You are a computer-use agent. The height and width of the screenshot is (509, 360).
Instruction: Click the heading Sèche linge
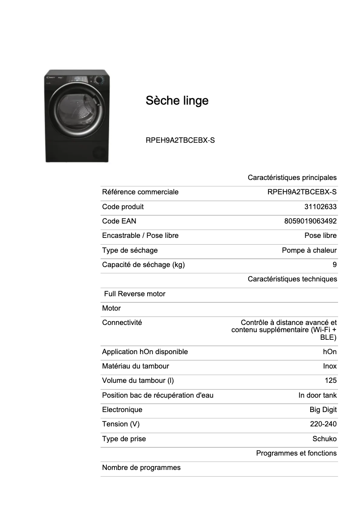click(x=177, y=101)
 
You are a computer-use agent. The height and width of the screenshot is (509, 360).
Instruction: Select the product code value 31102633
click(x=320, y=206)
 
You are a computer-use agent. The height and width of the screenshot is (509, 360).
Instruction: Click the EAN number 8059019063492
click(x=310, y=221)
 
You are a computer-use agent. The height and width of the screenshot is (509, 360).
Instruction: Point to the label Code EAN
click(x=119, y=221)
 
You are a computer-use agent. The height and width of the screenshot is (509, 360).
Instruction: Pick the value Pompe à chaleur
click(x=309, y=250)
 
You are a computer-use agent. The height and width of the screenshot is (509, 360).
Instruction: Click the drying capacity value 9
click(x=334, y=264)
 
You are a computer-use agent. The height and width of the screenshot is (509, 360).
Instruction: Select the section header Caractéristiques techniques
click(x=292, y=279)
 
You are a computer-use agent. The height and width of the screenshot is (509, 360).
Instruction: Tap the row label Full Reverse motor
click(x=135, y=294)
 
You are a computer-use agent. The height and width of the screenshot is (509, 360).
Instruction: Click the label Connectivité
click(x=122, y=322)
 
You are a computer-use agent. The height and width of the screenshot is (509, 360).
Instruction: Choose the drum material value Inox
click(x=329, y=366)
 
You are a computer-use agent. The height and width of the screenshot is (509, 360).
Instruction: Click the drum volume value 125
click(x=330, y=381)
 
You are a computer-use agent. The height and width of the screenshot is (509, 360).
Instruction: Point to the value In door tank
click(x=317, y=395)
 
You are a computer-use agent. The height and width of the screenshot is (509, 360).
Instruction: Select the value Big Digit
click(x=323, y=409)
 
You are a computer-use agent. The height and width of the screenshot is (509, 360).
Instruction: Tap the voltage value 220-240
click(x=323, y=424)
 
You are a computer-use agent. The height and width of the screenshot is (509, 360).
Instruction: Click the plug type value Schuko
click(x=324, y=439)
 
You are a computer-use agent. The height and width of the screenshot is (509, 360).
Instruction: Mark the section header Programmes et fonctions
click(x=296, y=453)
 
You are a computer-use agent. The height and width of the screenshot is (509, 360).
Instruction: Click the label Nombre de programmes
click(x=141, y=467)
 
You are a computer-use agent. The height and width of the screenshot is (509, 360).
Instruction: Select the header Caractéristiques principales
click(x=292, y=178)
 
